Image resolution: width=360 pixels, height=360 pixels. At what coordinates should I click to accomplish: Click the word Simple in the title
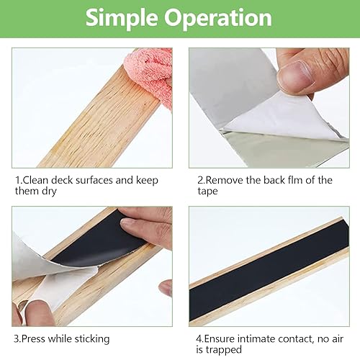(125, 18)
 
